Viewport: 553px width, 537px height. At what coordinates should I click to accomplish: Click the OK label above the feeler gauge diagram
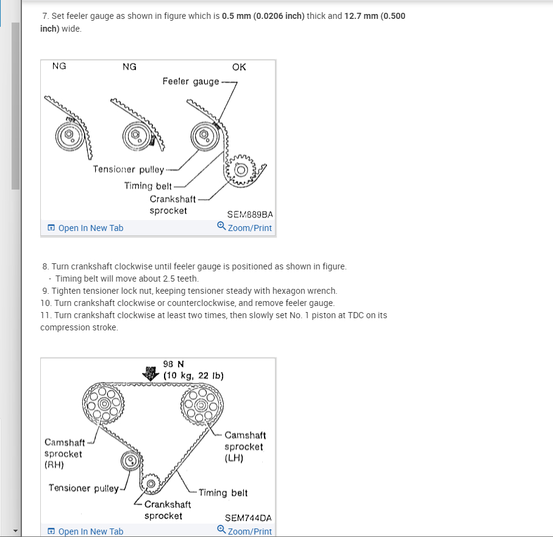(x=239, y=67)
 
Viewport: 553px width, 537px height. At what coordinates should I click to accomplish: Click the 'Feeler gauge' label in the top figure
(x=191, y=81)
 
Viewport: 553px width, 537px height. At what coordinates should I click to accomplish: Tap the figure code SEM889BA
(x=249, y=215)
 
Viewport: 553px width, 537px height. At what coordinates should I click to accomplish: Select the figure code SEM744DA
(x=248, y=518)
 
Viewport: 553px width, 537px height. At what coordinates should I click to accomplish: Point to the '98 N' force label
(x=174, y=365)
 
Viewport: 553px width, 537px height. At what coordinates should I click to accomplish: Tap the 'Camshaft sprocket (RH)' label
(x=63, y=453)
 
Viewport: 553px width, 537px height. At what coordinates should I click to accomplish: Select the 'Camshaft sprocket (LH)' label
(x=245, y=446)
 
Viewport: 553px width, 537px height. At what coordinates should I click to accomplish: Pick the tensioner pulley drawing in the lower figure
(x=130, y=461)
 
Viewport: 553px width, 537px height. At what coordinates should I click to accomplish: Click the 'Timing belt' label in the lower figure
(x=223, y=493)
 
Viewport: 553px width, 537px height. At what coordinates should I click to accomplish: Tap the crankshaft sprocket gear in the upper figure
(x=243, y=169)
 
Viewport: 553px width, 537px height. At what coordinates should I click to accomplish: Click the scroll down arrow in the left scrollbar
(x=15, y=530)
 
